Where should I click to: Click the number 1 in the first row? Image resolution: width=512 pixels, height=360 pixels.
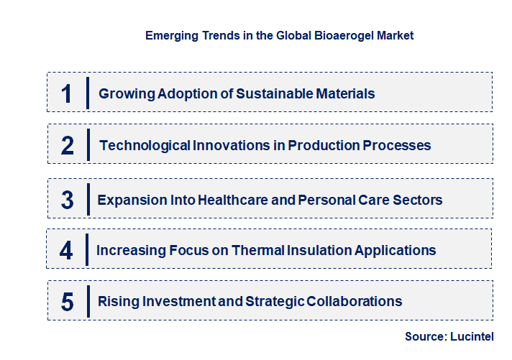(67, 93)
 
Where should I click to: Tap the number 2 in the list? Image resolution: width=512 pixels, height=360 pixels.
(68, 146)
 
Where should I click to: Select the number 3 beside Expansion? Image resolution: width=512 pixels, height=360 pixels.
(68, 200)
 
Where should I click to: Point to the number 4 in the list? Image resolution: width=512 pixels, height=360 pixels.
(67, 251)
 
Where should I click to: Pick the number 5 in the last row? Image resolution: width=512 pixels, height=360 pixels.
(68, 302)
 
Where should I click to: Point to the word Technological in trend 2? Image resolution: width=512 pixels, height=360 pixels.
(145, 145)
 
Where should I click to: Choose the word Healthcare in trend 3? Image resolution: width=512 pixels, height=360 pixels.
(226, 199)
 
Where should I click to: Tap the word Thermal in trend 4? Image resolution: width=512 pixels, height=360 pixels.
(266, 250)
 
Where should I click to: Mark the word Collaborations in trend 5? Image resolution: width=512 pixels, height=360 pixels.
(355, 301)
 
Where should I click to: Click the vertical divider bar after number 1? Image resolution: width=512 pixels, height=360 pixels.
(87, 93)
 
